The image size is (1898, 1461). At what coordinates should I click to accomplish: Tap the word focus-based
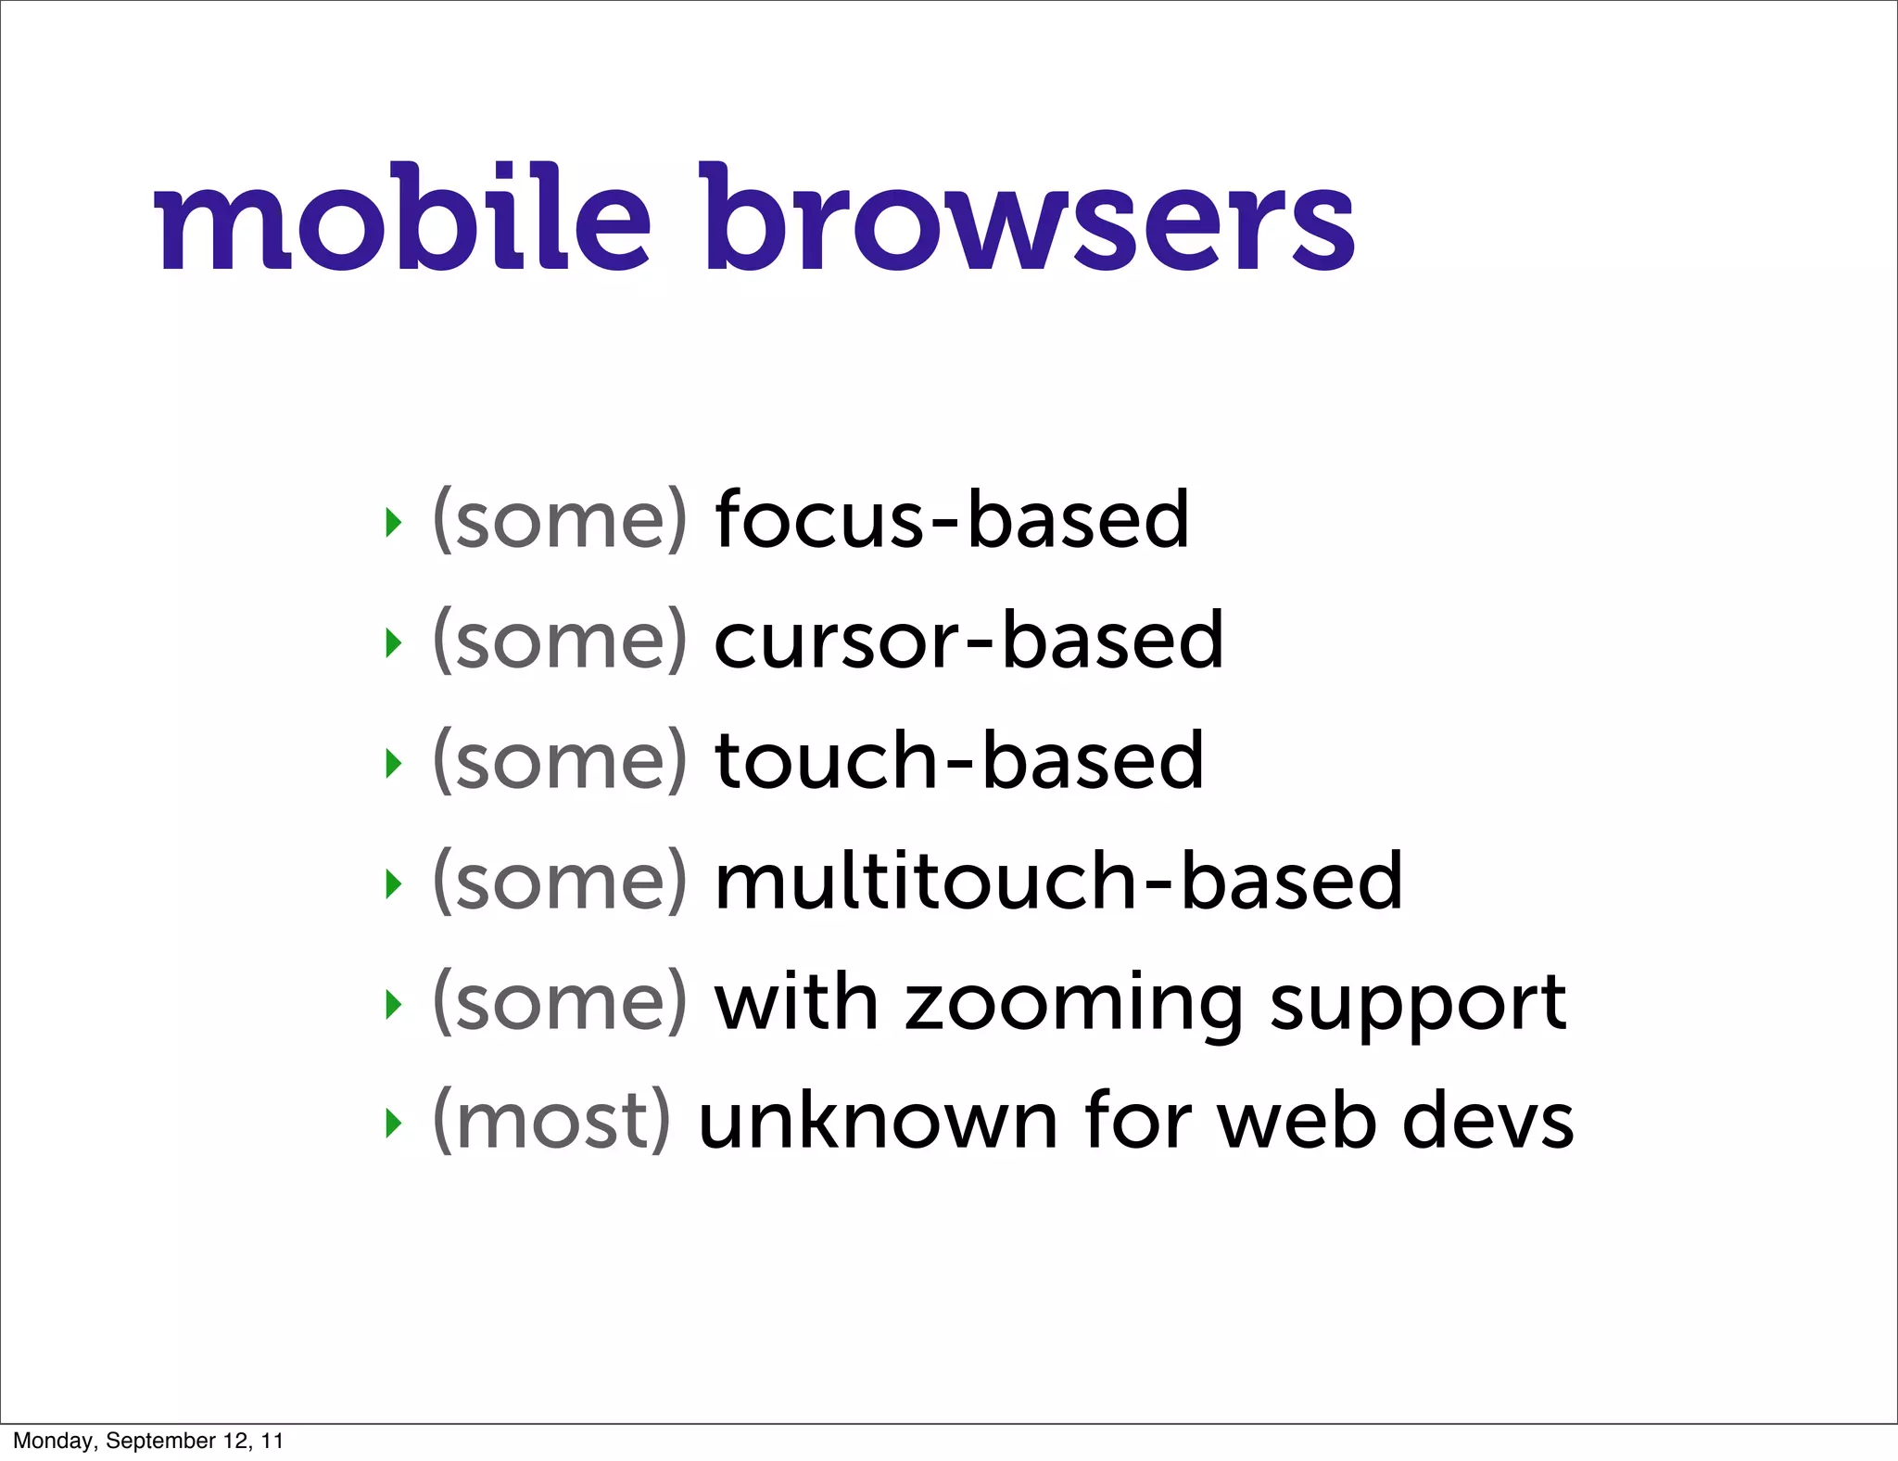click(951, 521)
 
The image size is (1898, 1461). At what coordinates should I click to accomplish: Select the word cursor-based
click(968, 642)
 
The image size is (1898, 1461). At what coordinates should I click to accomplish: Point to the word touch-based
click(959, 762)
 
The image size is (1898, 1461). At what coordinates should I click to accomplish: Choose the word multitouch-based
click(1058, 883)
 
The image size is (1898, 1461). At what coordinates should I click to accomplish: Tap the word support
click(1418, 1005)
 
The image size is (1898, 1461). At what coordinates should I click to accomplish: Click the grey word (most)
click(551, 1122)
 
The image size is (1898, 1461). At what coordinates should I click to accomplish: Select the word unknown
click(877, 1122)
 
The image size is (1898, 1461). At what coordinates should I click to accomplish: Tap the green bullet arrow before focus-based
click(394, 523)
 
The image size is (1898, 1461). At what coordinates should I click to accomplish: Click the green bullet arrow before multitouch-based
click(394, 884)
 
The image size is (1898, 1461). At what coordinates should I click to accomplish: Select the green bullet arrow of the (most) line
click(394, 1124)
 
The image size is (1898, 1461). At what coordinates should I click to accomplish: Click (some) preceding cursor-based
click(560, 642)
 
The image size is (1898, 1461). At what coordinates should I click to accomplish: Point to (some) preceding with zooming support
click(560, 1003)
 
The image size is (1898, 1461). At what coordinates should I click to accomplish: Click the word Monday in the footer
click(53, 1441)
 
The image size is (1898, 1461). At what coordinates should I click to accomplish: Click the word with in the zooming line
click(796, 1003)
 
